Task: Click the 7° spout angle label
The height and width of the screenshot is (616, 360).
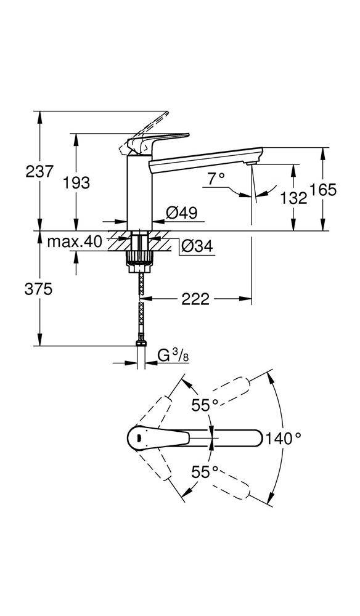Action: (x=216, y=179)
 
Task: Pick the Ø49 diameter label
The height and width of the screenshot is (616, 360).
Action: (x=181, y=213)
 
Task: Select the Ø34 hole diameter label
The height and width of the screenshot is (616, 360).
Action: (x=197, y=246)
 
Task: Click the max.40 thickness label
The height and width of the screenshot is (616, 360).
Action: (x=75, y=242)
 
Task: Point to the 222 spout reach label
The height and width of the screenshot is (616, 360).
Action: (x=197, y=299)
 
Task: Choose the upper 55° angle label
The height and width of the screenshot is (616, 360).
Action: (x=205, y=405)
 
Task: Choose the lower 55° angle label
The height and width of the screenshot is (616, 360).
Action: (x=205, y=472)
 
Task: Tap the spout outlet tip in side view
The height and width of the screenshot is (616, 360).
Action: (x=250, y=162)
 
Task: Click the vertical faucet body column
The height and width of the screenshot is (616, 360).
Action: (x=138, y=191)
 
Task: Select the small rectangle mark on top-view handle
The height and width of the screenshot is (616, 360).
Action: (x=141, y=438)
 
